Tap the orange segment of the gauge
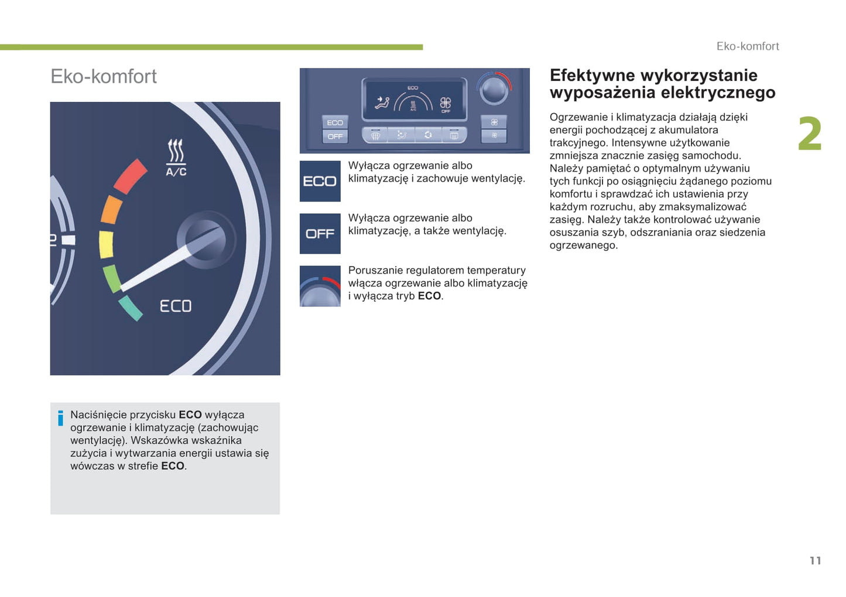(111, 210)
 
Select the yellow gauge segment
(106, 244)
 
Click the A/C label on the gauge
(176, 172)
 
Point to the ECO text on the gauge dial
(176, 306)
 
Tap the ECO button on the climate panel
(335, 122)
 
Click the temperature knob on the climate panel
(493, 91)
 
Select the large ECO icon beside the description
(320, 182)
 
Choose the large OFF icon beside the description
(320, 234)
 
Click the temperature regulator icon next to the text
(320, 286)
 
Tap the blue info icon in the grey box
(60, 418)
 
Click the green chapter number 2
(810, 134)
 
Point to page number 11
(816, 561)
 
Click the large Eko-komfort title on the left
(104, 76)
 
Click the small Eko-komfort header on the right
(748, 46)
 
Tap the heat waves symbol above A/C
(176, 151)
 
